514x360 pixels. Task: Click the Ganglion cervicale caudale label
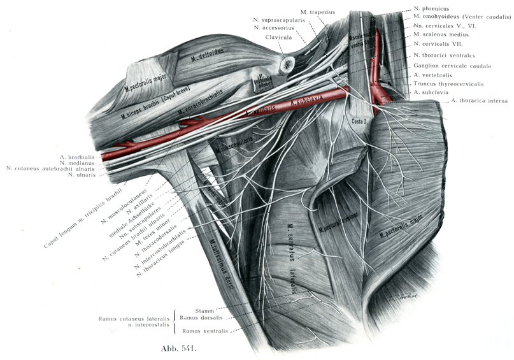point(452,66)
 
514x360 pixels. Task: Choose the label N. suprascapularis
point(280,20)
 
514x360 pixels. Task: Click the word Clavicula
point(279,38)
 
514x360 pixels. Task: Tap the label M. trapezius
point(319,12)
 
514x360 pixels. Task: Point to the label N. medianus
point(77,162)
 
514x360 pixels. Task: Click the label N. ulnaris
point(82,175)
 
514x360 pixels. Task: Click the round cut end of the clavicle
point(287,63)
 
